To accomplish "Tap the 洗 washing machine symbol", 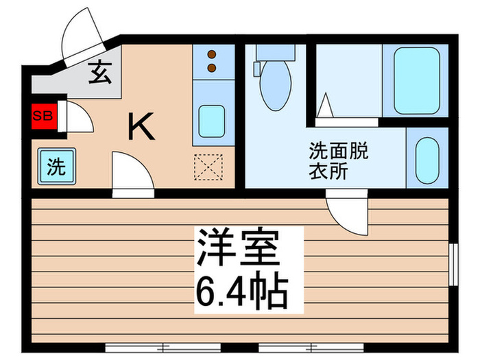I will pos(52,165).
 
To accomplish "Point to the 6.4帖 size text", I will pos(239,292).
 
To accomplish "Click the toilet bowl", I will pos(276,88).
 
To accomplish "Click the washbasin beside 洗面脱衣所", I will pos(427,159).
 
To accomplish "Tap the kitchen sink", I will pos(209,122).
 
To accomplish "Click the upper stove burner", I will pos(212,54).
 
